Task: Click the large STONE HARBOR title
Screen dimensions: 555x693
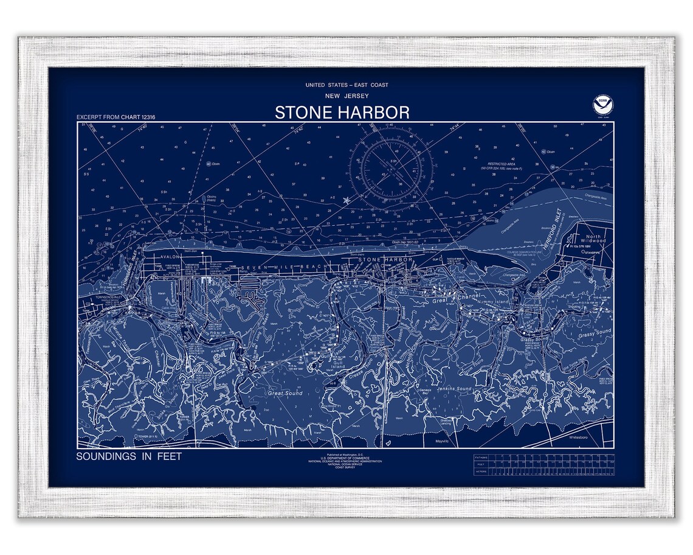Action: click(342, 113)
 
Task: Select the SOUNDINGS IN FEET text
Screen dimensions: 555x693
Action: click(129, 456)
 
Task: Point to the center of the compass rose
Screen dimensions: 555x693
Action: click(391, 166)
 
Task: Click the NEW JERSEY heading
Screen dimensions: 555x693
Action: click(346, 96)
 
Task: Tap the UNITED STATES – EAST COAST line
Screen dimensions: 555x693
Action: click(346, 85)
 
